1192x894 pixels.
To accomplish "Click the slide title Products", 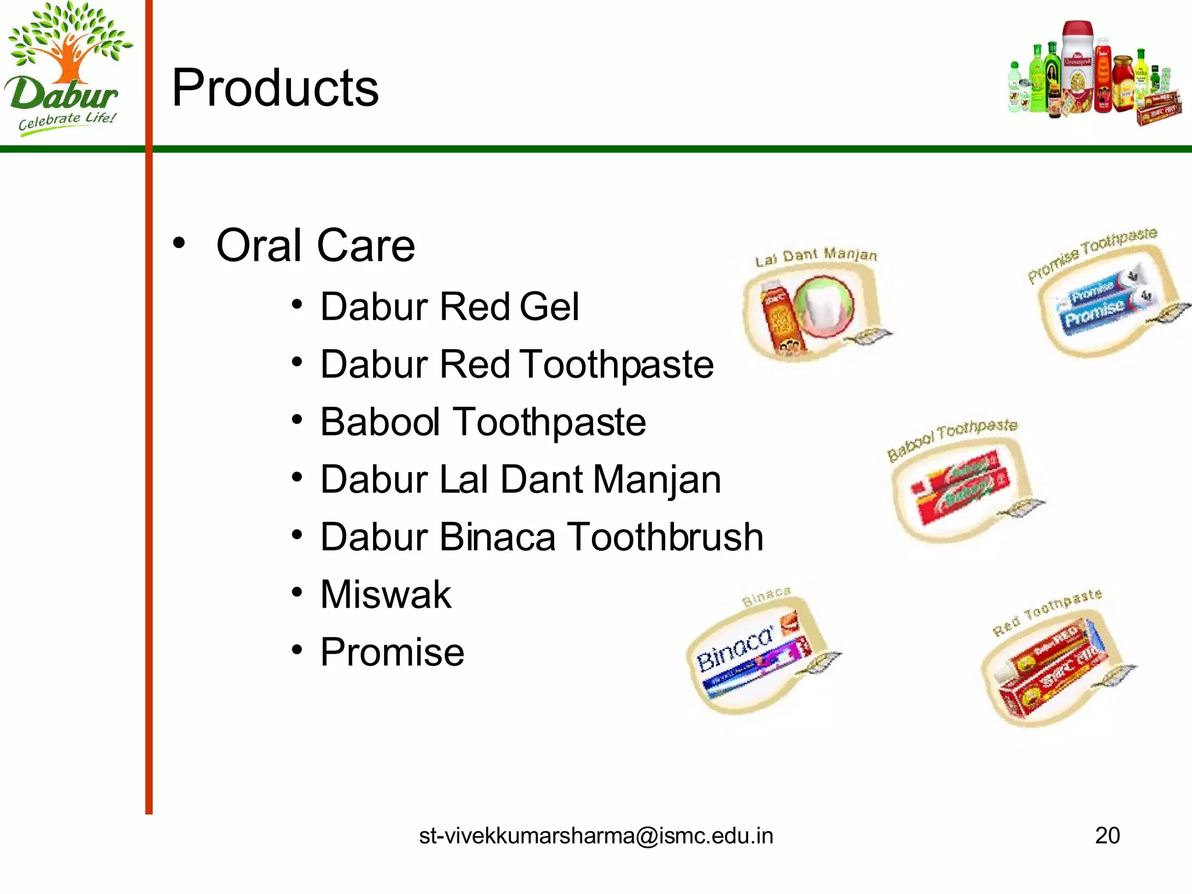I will [275, 88].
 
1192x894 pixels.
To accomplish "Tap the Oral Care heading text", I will [315, 246].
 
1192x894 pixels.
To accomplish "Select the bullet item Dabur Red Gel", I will [449, 307].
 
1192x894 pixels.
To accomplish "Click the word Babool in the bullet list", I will [380, 422].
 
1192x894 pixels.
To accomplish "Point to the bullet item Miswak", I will [385, 595].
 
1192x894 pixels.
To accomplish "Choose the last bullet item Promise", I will [392, 652].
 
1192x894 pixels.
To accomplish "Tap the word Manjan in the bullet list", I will [657, 480].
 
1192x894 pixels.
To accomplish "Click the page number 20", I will [1107, 836].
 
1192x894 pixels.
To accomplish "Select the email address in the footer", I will [596, 836].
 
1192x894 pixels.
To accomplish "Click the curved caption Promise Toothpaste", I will [1091, 254].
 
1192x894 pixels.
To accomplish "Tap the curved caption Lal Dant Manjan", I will [816, 256].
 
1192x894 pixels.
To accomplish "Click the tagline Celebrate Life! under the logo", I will [67, 121].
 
